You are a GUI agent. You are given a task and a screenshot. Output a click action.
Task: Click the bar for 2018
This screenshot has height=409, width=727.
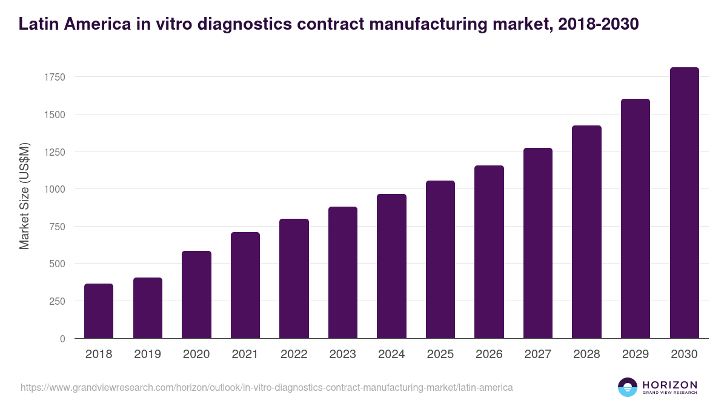click(99, 311)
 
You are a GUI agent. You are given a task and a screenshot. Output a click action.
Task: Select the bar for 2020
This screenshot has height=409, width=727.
click(196, 294)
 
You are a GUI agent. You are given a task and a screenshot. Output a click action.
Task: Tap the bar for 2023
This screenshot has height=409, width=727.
click(343, 273)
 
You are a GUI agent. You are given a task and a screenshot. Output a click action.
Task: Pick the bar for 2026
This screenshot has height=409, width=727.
click(489, 252)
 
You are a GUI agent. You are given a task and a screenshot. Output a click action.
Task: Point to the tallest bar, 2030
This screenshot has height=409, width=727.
click(684, 203)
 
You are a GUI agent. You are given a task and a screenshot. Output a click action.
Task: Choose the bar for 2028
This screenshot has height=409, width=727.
click(586, 232)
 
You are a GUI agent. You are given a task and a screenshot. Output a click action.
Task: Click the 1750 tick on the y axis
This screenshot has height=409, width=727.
click(54, 77)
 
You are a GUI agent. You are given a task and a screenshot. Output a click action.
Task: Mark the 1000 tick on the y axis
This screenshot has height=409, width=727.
click(54, 189)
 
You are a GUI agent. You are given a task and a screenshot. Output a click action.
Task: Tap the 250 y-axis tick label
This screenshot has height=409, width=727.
click(56, 301)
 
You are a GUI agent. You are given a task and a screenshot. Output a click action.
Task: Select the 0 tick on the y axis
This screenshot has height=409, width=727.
click(62, 339)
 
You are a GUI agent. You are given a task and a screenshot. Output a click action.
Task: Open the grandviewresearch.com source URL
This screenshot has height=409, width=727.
click(267, 387)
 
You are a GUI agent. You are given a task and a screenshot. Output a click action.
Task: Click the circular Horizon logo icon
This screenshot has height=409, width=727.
click(628, 387)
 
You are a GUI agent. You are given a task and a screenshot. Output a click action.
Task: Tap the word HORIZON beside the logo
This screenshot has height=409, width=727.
click(669, 385)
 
